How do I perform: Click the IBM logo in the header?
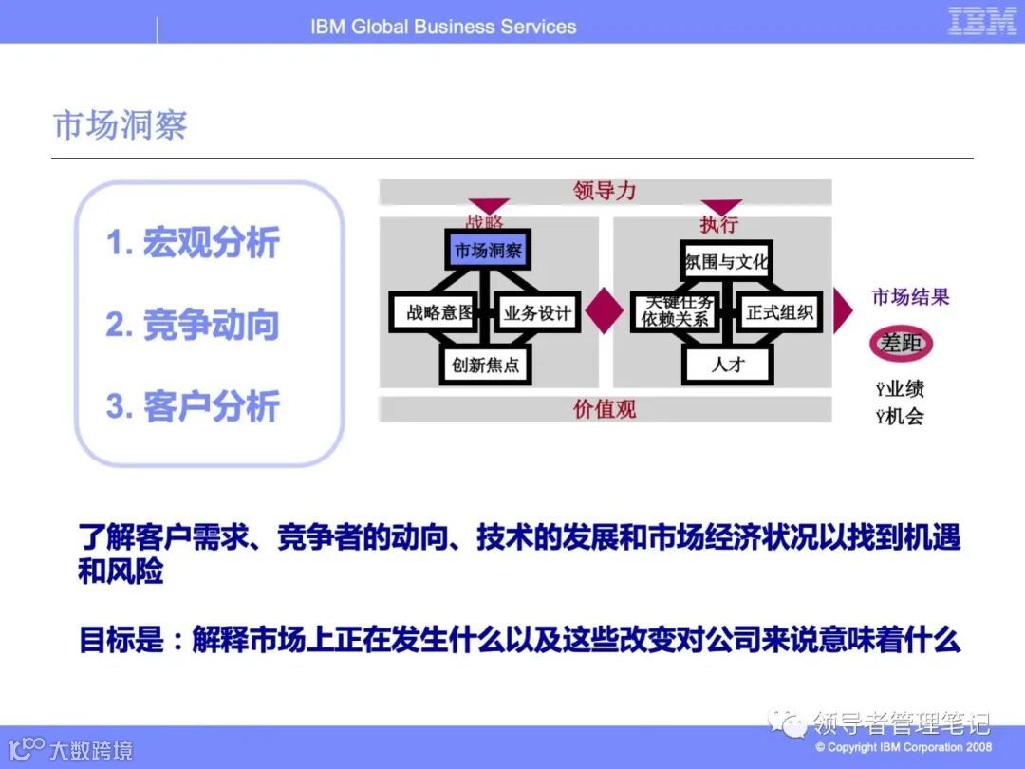(x=982, y=22)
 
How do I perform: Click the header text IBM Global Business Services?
(x=443, y=27)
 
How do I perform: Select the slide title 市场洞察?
(x=121, y=125)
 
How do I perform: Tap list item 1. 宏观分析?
(x=193, y=243)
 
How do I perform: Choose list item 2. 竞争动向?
(x=193, y=325)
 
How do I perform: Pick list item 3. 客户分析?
(x=193, y=406)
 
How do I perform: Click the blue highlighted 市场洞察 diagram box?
(x=488, y=251)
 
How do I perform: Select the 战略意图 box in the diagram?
(x=433, y=312)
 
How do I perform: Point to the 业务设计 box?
(x=538, y=312)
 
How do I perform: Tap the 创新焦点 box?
(x=486, y=364)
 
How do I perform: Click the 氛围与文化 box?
(x=727, y=261)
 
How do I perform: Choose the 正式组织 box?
(x=780, y=312)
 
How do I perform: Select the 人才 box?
(x=728, y=364)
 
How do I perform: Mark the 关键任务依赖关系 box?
(x=676, y=311)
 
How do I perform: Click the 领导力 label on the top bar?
(x=605, y=191)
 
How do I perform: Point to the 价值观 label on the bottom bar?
(x=605, y=409)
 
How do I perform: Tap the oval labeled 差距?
(x=901, y=344)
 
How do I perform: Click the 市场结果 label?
(x=910, y=297)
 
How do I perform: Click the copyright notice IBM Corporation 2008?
(x=904, y=747)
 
